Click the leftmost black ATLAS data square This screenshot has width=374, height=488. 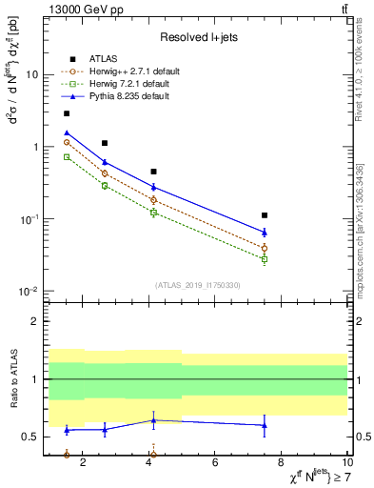[x=67, y=113]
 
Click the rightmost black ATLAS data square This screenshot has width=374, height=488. [x=265, y=215]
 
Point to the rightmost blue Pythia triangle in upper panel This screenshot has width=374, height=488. [x=265, y=232]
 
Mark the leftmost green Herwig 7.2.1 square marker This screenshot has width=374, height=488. [x=67, y=156]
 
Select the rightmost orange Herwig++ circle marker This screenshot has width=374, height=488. [x=265, y=248]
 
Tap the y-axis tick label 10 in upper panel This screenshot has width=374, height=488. [x=32, y=74]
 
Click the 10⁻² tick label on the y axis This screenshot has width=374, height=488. [x=30, y=292]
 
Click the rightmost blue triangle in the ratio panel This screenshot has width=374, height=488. [x=265, y=425]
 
